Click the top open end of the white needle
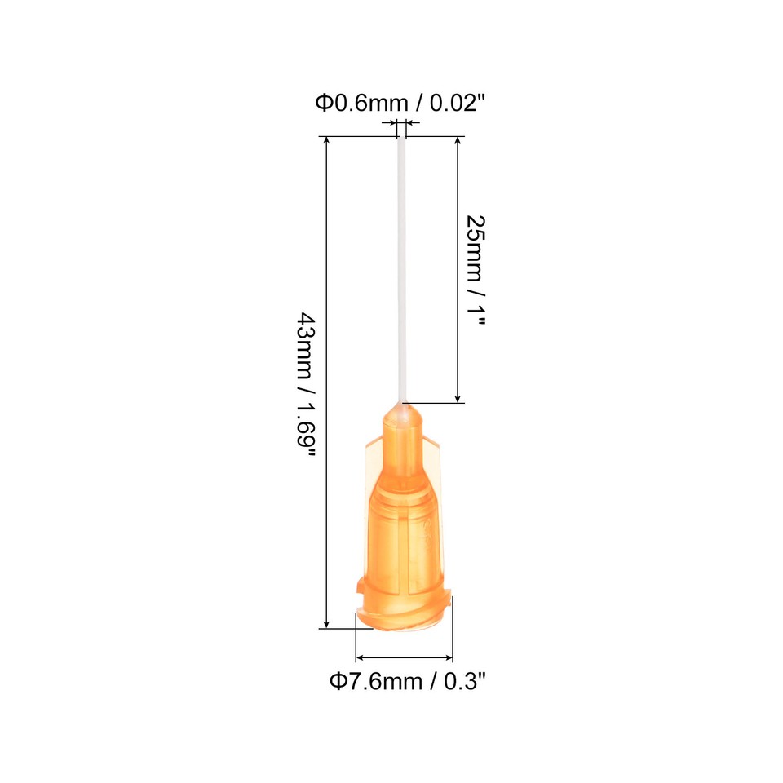click(x=401, y=141)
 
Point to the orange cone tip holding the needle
click(x=401, y=419)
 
